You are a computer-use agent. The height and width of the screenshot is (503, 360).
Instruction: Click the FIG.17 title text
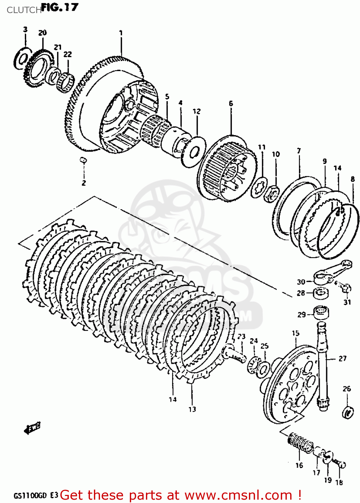click(x=60, y=7)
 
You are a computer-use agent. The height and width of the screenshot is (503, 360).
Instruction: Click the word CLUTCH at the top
click(x=23, y=10)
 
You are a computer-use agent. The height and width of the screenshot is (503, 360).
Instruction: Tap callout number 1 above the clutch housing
click(x=121, y=33)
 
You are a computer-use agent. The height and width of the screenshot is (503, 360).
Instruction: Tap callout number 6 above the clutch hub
click(x=231, y=104)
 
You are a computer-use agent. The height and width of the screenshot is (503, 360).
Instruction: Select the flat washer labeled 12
click(x=193, y=152)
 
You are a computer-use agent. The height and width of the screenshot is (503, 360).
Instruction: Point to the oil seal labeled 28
click(x=321, y=293)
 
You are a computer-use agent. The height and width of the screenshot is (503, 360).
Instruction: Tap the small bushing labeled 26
click(x=347, y=412)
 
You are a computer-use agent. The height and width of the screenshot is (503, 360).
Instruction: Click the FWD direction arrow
click(x=32, y=428)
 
